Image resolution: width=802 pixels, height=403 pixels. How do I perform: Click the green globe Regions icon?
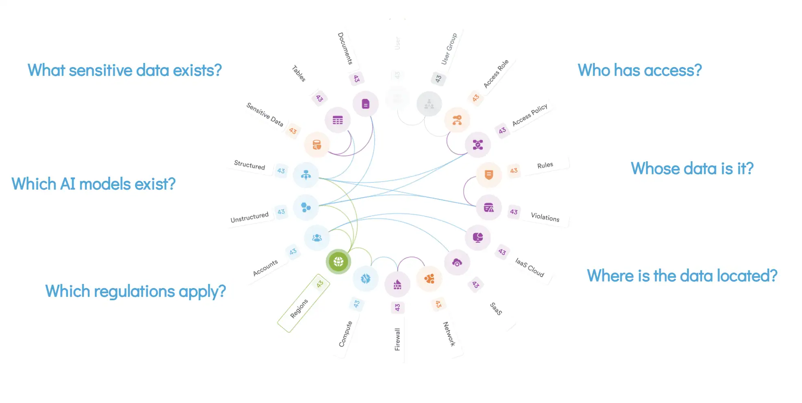click(x=338, y=262)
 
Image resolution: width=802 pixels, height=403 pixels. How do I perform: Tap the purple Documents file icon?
click(x=365, y=104)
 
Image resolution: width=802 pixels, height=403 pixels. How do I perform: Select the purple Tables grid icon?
click(x=338, y=120)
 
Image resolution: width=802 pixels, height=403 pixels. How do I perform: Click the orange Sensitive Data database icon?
click(x=316, y=145)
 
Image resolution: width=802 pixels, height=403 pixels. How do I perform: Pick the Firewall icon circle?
click(x=397, y=284)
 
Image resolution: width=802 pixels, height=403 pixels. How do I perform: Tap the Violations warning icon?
click(x=489, y=208)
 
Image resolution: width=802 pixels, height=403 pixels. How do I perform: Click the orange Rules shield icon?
click(x=489, y=175)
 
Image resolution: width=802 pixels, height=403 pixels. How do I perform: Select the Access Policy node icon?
click(x=478, y=145)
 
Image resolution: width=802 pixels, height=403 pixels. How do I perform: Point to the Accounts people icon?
click(x=316, y=238)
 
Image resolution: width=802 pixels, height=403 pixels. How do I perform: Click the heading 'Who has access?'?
click(x=639, y=70)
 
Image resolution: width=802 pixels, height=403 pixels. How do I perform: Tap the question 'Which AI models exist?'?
click(x=93, y=184)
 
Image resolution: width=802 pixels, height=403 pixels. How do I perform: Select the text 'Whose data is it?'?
click(x=692, y=169)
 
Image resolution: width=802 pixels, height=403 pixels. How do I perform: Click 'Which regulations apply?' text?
click(x=135, y=291)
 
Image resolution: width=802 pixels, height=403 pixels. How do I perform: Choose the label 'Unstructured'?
click(x=249, y=217)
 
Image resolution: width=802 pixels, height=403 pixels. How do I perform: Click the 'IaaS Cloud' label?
click(x=529, y=267)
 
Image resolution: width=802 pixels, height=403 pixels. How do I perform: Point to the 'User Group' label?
click(x=449, y=49)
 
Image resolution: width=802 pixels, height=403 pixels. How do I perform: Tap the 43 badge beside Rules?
click(x=514, y=171)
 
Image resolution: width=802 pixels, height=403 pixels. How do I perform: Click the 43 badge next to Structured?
click(x=281, y=171)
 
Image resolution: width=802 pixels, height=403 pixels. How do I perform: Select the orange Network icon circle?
click(x=429, y=279)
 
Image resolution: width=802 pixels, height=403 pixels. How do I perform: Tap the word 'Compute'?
click(x=345, y=334)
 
